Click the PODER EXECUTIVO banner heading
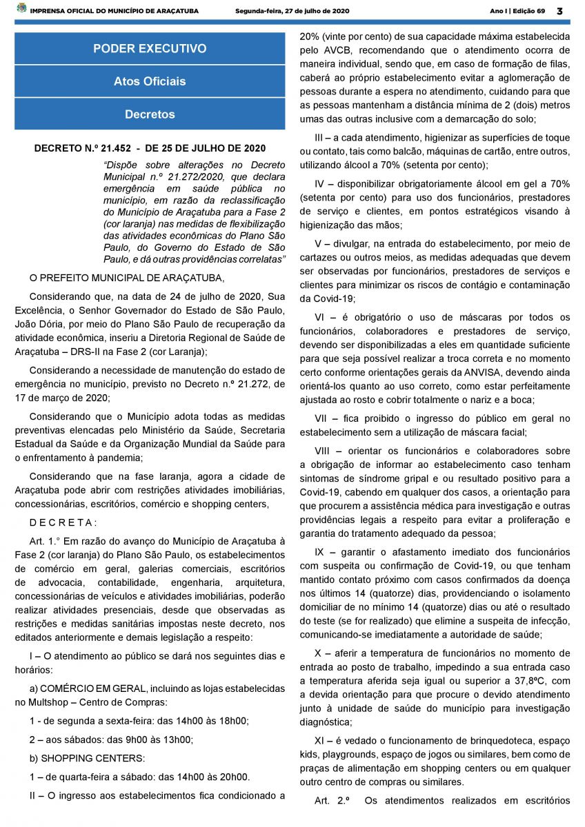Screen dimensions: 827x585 (x=150, y=49)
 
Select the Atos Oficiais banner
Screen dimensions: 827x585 (x=150, y=81)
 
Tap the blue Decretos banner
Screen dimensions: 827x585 (x=150, y=114)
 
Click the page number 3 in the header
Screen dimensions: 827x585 (x=559, y=11)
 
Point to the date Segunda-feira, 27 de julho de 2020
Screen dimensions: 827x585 (x=292, y=11)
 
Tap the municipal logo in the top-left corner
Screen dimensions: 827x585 (x=21, y=10)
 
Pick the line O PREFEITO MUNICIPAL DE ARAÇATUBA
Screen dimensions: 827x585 (x=126, y=278)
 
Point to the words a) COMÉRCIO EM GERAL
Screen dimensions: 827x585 (x=87, y=688)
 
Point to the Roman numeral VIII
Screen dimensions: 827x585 (x=323, y=451)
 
